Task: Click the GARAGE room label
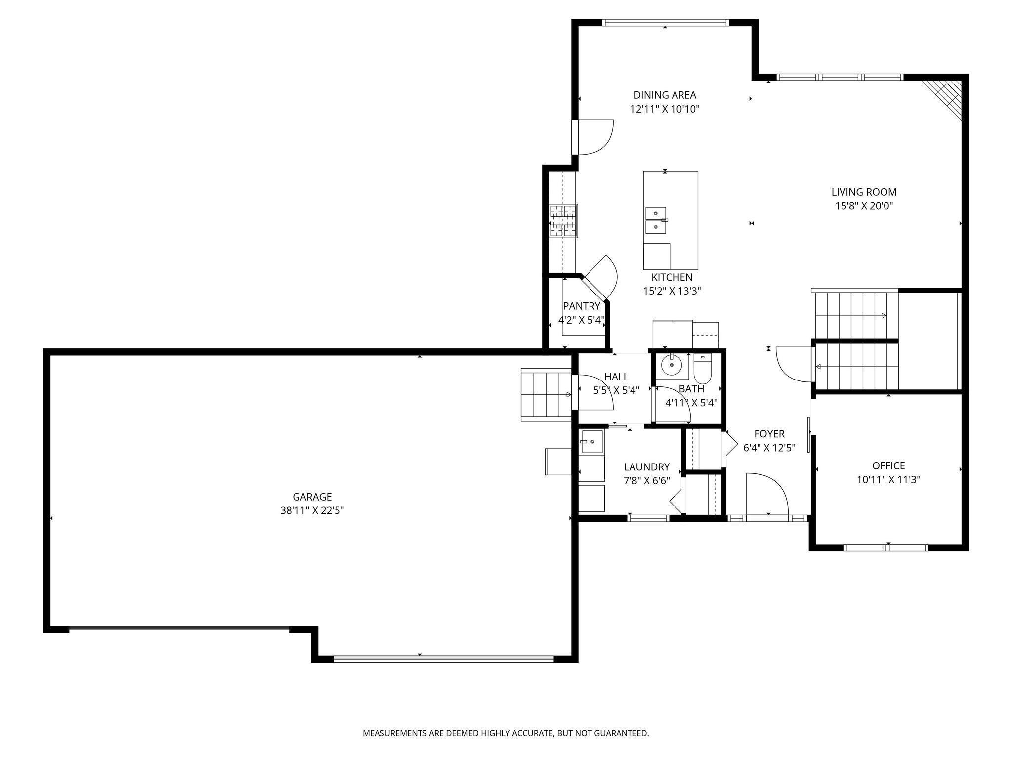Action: pos(312,497)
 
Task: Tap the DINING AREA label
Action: pos(665,95)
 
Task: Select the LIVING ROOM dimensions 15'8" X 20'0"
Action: pos(864,206)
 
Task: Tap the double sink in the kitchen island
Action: pos(656,220)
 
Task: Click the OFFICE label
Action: pos(888,465)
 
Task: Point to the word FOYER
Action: pos(769,434)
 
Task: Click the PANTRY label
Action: pos(582,306)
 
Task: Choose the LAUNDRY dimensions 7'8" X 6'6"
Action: pos(647,481)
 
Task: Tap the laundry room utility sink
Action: pos(591,442)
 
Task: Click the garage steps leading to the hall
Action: pos(546,395)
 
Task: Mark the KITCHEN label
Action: pos(672,277)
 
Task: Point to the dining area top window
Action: pos(665,22)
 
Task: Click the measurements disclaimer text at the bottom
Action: pos(506,733)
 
